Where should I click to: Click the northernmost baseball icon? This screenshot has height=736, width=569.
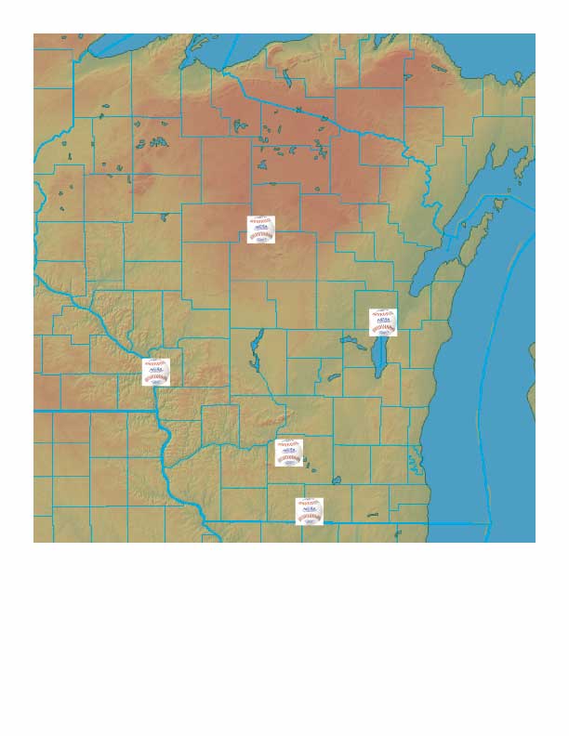(261, 230)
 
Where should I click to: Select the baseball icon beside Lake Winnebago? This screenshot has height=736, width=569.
(383, 322)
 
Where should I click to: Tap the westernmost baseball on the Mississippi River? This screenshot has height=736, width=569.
(156, 372)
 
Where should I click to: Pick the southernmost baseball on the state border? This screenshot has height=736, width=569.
(310, 511)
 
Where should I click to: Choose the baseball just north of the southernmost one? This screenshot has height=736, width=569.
(290, 453)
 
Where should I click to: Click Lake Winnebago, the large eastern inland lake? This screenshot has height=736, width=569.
(379, 359)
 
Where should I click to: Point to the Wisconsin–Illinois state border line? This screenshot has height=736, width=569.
(372, 523)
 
